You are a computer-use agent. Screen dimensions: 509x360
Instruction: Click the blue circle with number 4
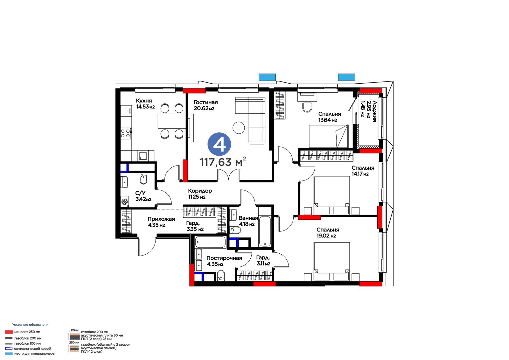coord(219,144)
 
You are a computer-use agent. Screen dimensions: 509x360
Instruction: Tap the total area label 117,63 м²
coord(223,162)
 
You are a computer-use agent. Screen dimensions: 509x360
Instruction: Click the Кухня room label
coord(144,101)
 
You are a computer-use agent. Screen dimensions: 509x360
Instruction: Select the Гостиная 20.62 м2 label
coord(206,105)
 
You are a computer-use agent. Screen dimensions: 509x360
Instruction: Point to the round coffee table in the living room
coord(239,128)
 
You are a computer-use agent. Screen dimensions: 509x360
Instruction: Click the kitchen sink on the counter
coord(143,156)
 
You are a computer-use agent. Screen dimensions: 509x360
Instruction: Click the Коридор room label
coord(200,191)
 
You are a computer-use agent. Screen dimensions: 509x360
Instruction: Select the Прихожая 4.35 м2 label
coord(161,222)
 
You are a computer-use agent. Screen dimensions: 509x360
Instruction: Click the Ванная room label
coord(248,218)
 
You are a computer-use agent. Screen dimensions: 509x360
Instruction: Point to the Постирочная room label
coord(224,258)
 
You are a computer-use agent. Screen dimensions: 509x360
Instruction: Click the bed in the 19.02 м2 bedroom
coord(331,262)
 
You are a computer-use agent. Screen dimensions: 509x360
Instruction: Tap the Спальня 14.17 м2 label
coord(363,171)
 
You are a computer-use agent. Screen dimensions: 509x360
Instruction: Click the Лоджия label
coord(374,111)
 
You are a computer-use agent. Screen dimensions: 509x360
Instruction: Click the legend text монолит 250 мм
coord(27,332)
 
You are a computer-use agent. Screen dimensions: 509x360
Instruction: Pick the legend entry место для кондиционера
coord(34,353)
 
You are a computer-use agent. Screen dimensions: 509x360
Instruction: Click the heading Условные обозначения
coord(31,325)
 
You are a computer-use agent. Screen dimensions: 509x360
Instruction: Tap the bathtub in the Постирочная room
coord(210,242)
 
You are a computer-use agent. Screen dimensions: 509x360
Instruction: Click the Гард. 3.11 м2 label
coord(263,261)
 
